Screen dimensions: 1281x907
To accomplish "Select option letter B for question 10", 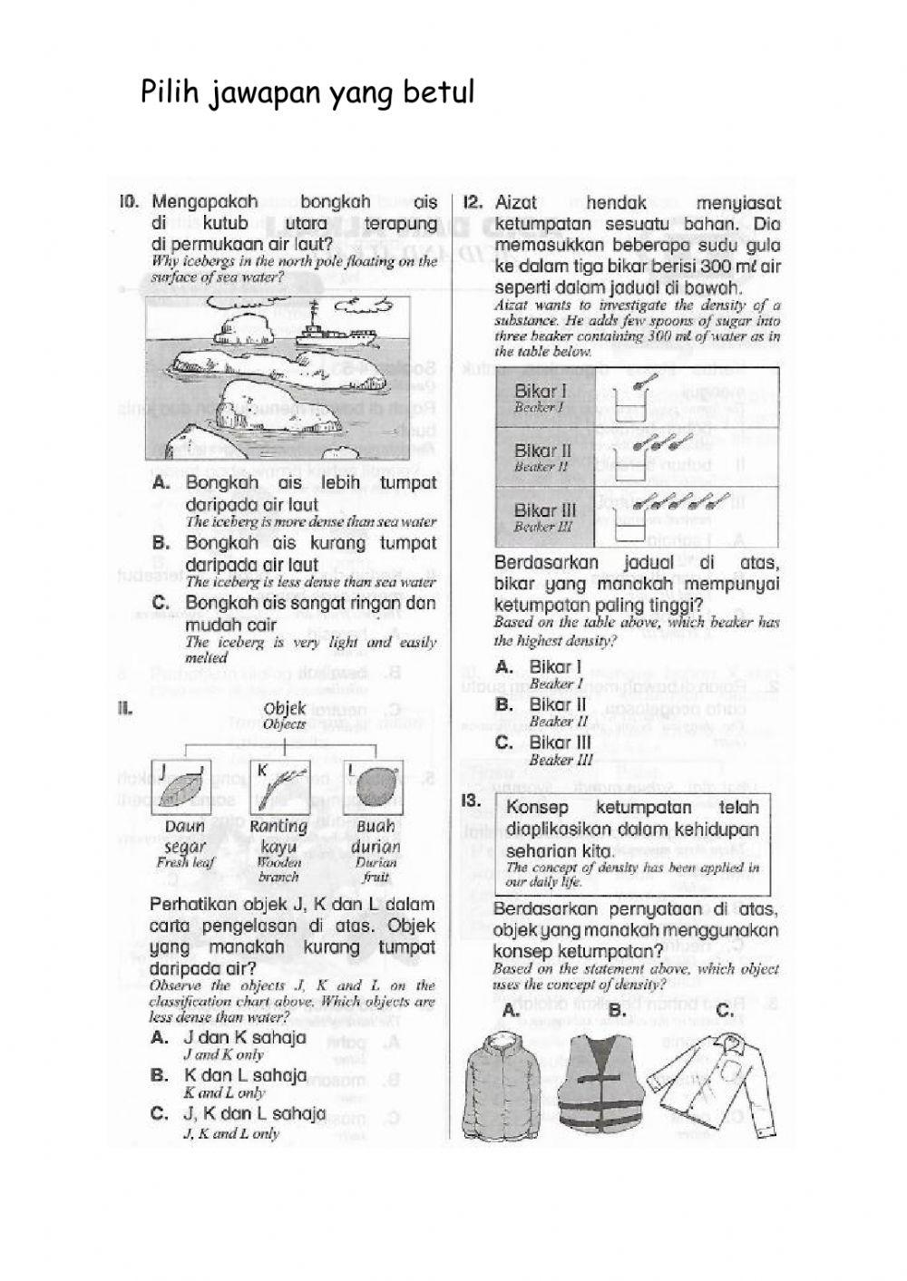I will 161,543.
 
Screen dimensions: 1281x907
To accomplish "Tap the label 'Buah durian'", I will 375,837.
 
